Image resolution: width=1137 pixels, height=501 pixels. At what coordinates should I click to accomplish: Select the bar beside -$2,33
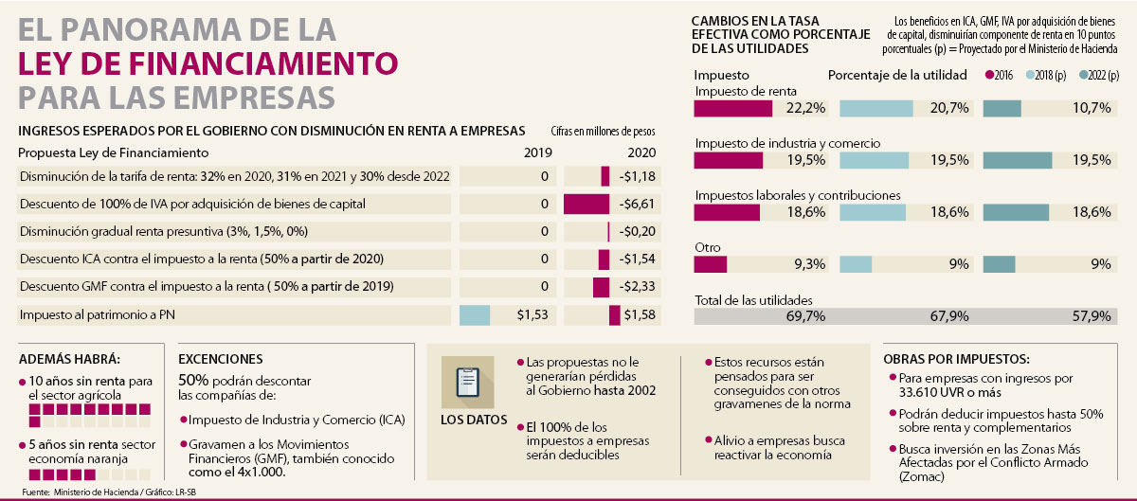[x=601, y=286]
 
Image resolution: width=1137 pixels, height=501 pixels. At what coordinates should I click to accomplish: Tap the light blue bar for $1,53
[x=475, y=314]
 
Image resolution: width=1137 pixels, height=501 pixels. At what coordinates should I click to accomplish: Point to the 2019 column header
[x=537, y=152]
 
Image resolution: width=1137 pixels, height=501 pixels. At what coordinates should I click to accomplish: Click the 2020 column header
[x=641, y=152]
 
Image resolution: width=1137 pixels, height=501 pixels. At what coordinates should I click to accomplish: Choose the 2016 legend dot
[x=991, y=75]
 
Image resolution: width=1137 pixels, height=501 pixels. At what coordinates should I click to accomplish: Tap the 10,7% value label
[x=1091, y=108]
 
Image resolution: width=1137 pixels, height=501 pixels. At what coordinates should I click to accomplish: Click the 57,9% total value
[x=1090, y=316]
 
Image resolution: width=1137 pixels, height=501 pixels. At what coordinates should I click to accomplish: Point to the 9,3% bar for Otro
[x=711, y=265]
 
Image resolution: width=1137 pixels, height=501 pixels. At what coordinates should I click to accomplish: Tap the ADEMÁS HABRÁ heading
[x=70, y=359]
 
